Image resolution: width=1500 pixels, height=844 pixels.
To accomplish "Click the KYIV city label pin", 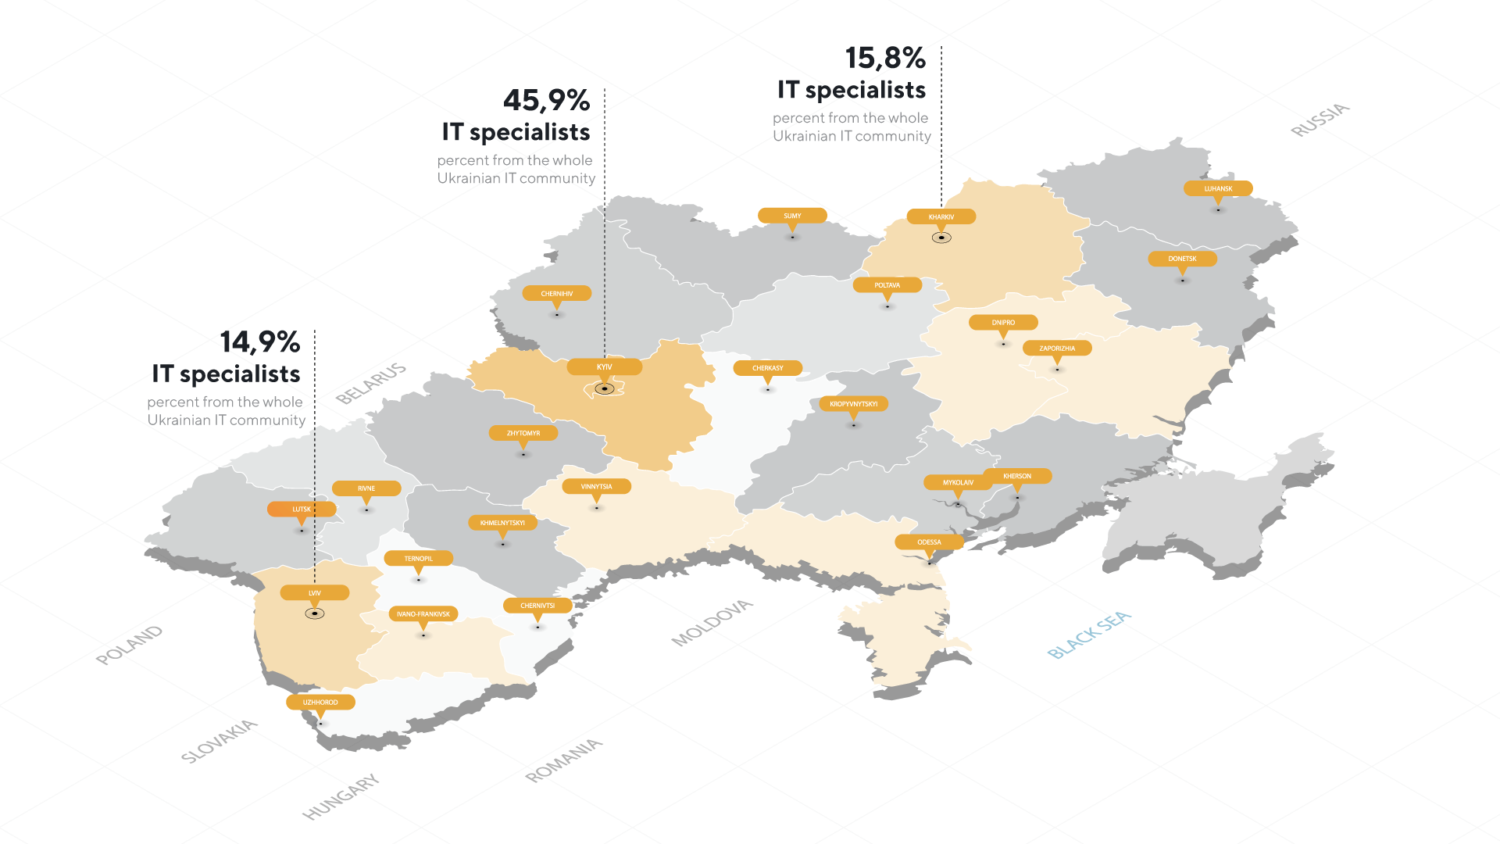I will (x=604, y=367).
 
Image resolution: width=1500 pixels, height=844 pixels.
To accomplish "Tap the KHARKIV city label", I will (x=941, y=216).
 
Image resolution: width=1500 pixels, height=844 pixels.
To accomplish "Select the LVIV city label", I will (x=314, y=592).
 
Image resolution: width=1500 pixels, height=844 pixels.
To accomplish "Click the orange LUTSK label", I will (x=302, y=509).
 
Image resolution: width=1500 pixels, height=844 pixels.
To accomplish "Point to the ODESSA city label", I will (x=929, y=542).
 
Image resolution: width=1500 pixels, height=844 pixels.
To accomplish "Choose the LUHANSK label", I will (x=1217, y=188).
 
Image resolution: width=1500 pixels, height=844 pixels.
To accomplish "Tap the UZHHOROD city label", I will (x=320, y=702).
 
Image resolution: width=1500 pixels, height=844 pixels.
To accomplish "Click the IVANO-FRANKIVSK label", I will (x=423, y=613).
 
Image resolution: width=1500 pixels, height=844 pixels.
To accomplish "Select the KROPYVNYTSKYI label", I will (x=853, y=404).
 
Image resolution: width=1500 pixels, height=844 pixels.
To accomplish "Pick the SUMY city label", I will (x=792, y=216).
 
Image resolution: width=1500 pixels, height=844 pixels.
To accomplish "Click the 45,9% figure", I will (x=546, y=100).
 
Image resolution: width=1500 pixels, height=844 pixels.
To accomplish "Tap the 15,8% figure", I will (x=885, y=58).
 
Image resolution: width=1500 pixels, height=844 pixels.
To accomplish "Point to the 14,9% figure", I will (x=259, y=342).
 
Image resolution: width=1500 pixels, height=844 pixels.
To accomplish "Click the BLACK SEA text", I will (x=1088, y=635).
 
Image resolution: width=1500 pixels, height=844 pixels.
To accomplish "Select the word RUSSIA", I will (x=1320, y=120).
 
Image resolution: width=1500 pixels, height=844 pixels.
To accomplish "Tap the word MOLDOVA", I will (x=712, y=623).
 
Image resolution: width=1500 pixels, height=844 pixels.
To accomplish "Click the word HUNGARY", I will (x=341, y=796).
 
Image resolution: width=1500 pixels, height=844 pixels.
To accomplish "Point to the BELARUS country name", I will (x=371, y=383).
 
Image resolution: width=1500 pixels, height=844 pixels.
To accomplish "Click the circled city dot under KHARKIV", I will (x=941, y=238).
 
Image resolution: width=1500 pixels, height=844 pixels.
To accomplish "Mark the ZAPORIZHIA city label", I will (x=1056, y=348).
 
